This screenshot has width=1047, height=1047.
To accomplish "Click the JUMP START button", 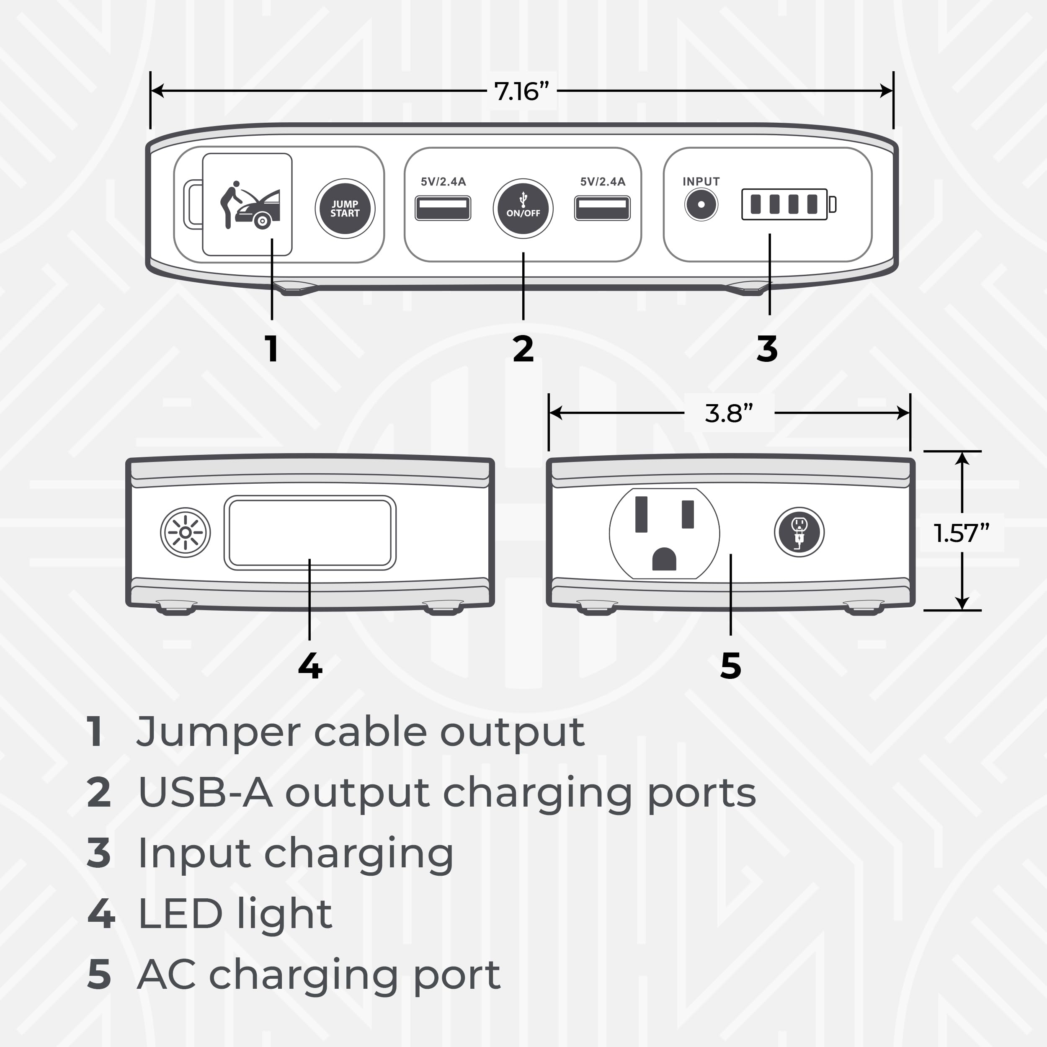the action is pyautogui.click(x=345, y=209).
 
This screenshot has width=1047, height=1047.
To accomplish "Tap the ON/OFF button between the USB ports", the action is pyautogui.click(x=523, y=209).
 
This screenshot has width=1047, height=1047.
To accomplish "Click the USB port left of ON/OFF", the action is pyautogui.click(x=443, y=208).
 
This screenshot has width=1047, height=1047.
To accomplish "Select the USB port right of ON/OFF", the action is pyautogui.click(x=602, y=208).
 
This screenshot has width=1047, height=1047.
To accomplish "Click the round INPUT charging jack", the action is pyautogui.click(x=701, y=205).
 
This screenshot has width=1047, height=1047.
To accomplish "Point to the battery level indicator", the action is pyautogui.click(x=789, y=204).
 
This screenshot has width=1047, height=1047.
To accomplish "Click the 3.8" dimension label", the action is pyautogui.click(x=729, y=413).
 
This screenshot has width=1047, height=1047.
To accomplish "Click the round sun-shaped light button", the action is pyautogui.click(x=186, y=533).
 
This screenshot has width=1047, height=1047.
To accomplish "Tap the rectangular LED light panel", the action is pyautogui.click(x=310, y=533).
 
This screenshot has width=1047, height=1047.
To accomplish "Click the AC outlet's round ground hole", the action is pyautogui.click(x=664, y=559).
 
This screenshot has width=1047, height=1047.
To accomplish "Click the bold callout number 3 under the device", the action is pyautogui.click(x=767, y=348).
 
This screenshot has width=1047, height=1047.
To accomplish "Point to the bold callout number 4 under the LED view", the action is pyautogui.click(x=310, y=665).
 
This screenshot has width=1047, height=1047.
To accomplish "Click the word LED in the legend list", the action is pyautogui.click(x=181, y=914).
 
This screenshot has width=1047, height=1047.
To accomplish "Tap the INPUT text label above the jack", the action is pyautogui.click(x=701, y=181).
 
